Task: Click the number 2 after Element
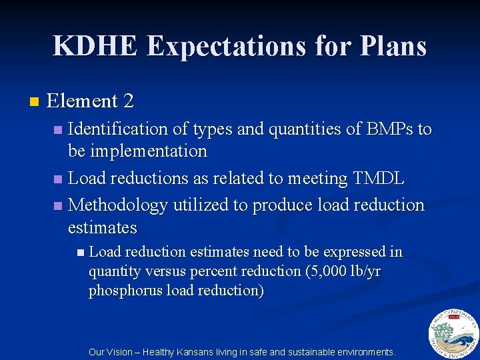point(129,101)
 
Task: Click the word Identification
point(116,129)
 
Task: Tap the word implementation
point(148,151)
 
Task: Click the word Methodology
point(119,205)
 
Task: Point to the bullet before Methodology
point(58,205)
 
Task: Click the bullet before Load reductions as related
point(58,179)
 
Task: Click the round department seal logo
point(453,333)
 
